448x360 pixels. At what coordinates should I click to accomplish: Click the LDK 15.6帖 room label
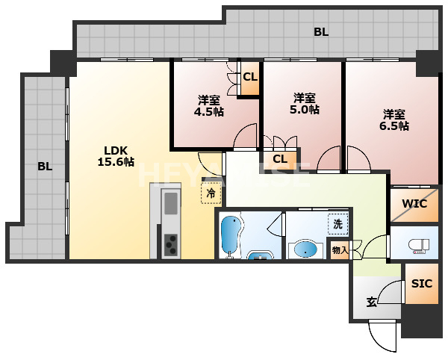116,156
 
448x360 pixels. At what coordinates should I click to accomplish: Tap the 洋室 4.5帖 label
209,105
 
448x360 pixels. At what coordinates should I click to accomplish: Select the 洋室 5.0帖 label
305,103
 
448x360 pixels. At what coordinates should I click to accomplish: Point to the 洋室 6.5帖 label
394,120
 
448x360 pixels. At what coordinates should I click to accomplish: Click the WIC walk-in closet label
414,204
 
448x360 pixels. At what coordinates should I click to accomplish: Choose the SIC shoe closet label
422,283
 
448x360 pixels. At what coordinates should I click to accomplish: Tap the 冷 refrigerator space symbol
211,193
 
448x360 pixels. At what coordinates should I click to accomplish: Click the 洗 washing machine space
338,224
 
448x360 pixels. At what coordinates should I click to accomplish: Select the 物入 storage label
340,250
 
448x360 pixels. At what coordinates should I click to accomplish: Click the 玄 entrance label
371,302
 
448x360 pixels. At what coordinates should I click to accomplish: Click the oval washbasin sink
305,250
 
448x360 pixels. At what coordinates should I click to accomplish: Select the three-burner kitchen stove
171,244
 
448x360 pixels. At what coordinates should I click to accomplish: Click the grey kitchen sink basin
171,203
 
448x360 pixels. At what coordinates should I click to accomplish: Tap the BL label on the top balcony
321,32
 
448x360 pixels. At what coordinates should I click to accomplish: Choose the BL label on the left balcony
45,167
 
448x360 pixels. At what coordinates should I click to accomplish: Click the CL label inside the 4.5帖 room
250,77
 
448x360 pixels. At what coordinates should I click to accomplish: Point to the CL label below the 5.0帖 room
280,159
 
